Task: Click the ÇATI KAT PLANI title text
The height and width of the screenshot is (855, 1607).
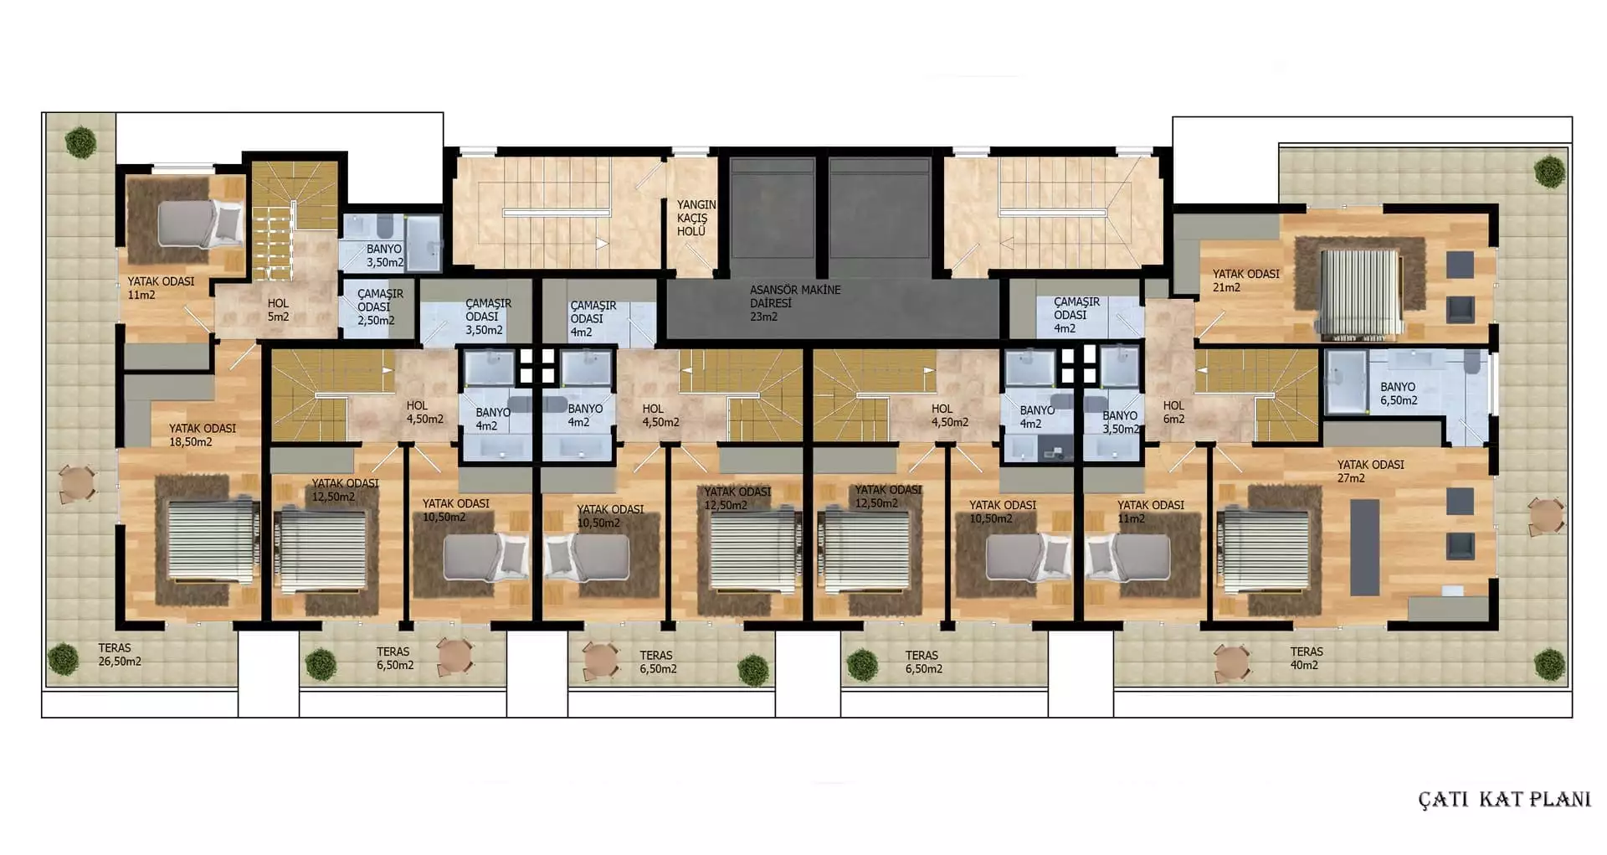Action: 1504,799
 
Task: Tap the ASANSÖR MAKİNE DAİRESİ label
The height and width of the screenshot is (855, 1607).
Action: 795,303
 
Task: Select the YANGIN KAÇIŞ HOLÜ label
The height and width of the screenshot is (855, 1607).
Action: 696,218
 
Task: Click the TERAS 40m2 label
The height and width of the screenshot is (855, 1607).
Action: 1307,658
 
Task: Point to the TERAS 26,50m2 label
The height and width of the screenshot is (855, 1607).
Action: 119,654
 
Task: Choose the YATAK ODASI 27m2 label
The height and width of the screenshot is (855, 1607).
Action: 1370,471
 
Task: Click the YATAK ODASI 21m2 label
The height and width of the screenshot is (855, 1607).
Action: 1245,281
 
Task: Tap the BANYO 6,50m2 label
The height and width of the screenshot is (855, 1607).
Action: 1399,394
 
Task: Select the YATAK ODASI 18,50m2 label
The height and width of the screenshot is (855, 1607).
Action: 202,435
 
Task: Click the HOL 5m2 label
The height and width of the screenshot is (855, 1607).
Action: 278,310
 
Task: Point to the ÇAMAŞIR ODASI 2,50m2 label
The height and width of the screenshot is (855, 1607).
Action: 377,306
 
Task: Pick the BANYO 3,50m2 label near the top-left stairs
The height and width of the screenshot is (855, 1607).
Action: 385,255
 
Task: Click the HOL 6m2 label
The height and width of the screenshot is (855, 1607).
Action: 1173,412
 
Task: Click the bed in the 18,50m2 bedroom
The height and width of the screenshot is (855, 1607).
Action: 213,541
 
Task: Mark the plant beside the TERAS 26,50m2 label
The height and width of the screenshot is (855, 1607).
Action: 63,659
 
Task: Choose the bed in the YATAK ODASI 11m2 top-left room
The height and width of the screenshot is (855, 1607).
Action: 200,224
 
